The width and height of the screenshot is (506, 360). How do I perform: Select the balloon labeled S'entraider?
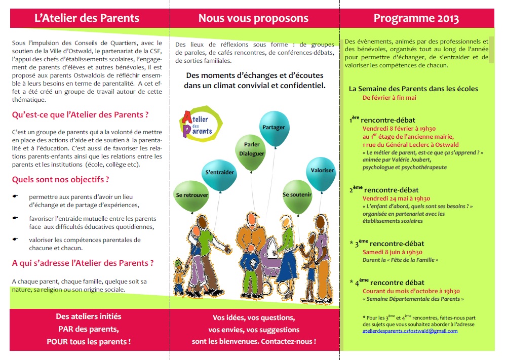pos(219,173)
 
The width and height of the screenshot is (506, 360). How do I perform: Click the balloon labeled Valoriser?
pos(322,171)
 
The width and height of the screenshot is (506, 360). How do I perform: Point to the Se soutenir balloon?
pos(297,195)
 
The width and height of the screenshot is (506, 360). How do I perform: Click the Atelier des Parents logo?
pos(201,124)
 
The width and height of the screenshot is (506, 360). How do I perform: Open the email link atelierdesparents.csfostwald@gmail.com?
pos(410,331)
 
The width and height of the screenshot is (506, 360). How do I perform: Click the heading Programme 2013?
pos(416,19)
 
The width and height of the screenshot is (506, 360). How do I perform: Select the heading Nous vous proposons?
pos(253,19)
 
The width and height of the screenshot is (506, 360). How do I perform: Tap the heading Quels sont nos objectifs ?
pos(60,179)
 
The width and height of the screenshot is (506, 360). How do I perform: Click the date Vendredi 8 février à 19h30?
pos(399,129)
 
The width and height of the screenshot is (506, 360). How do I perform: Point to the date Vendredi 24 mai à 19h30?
pos(396,198)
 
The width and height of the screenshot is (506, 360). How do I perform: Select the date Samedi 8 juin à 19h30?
pos(393,252)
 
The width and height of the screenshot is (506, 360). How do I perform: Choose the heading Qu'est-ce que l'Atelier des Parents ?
pos(80,114)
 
